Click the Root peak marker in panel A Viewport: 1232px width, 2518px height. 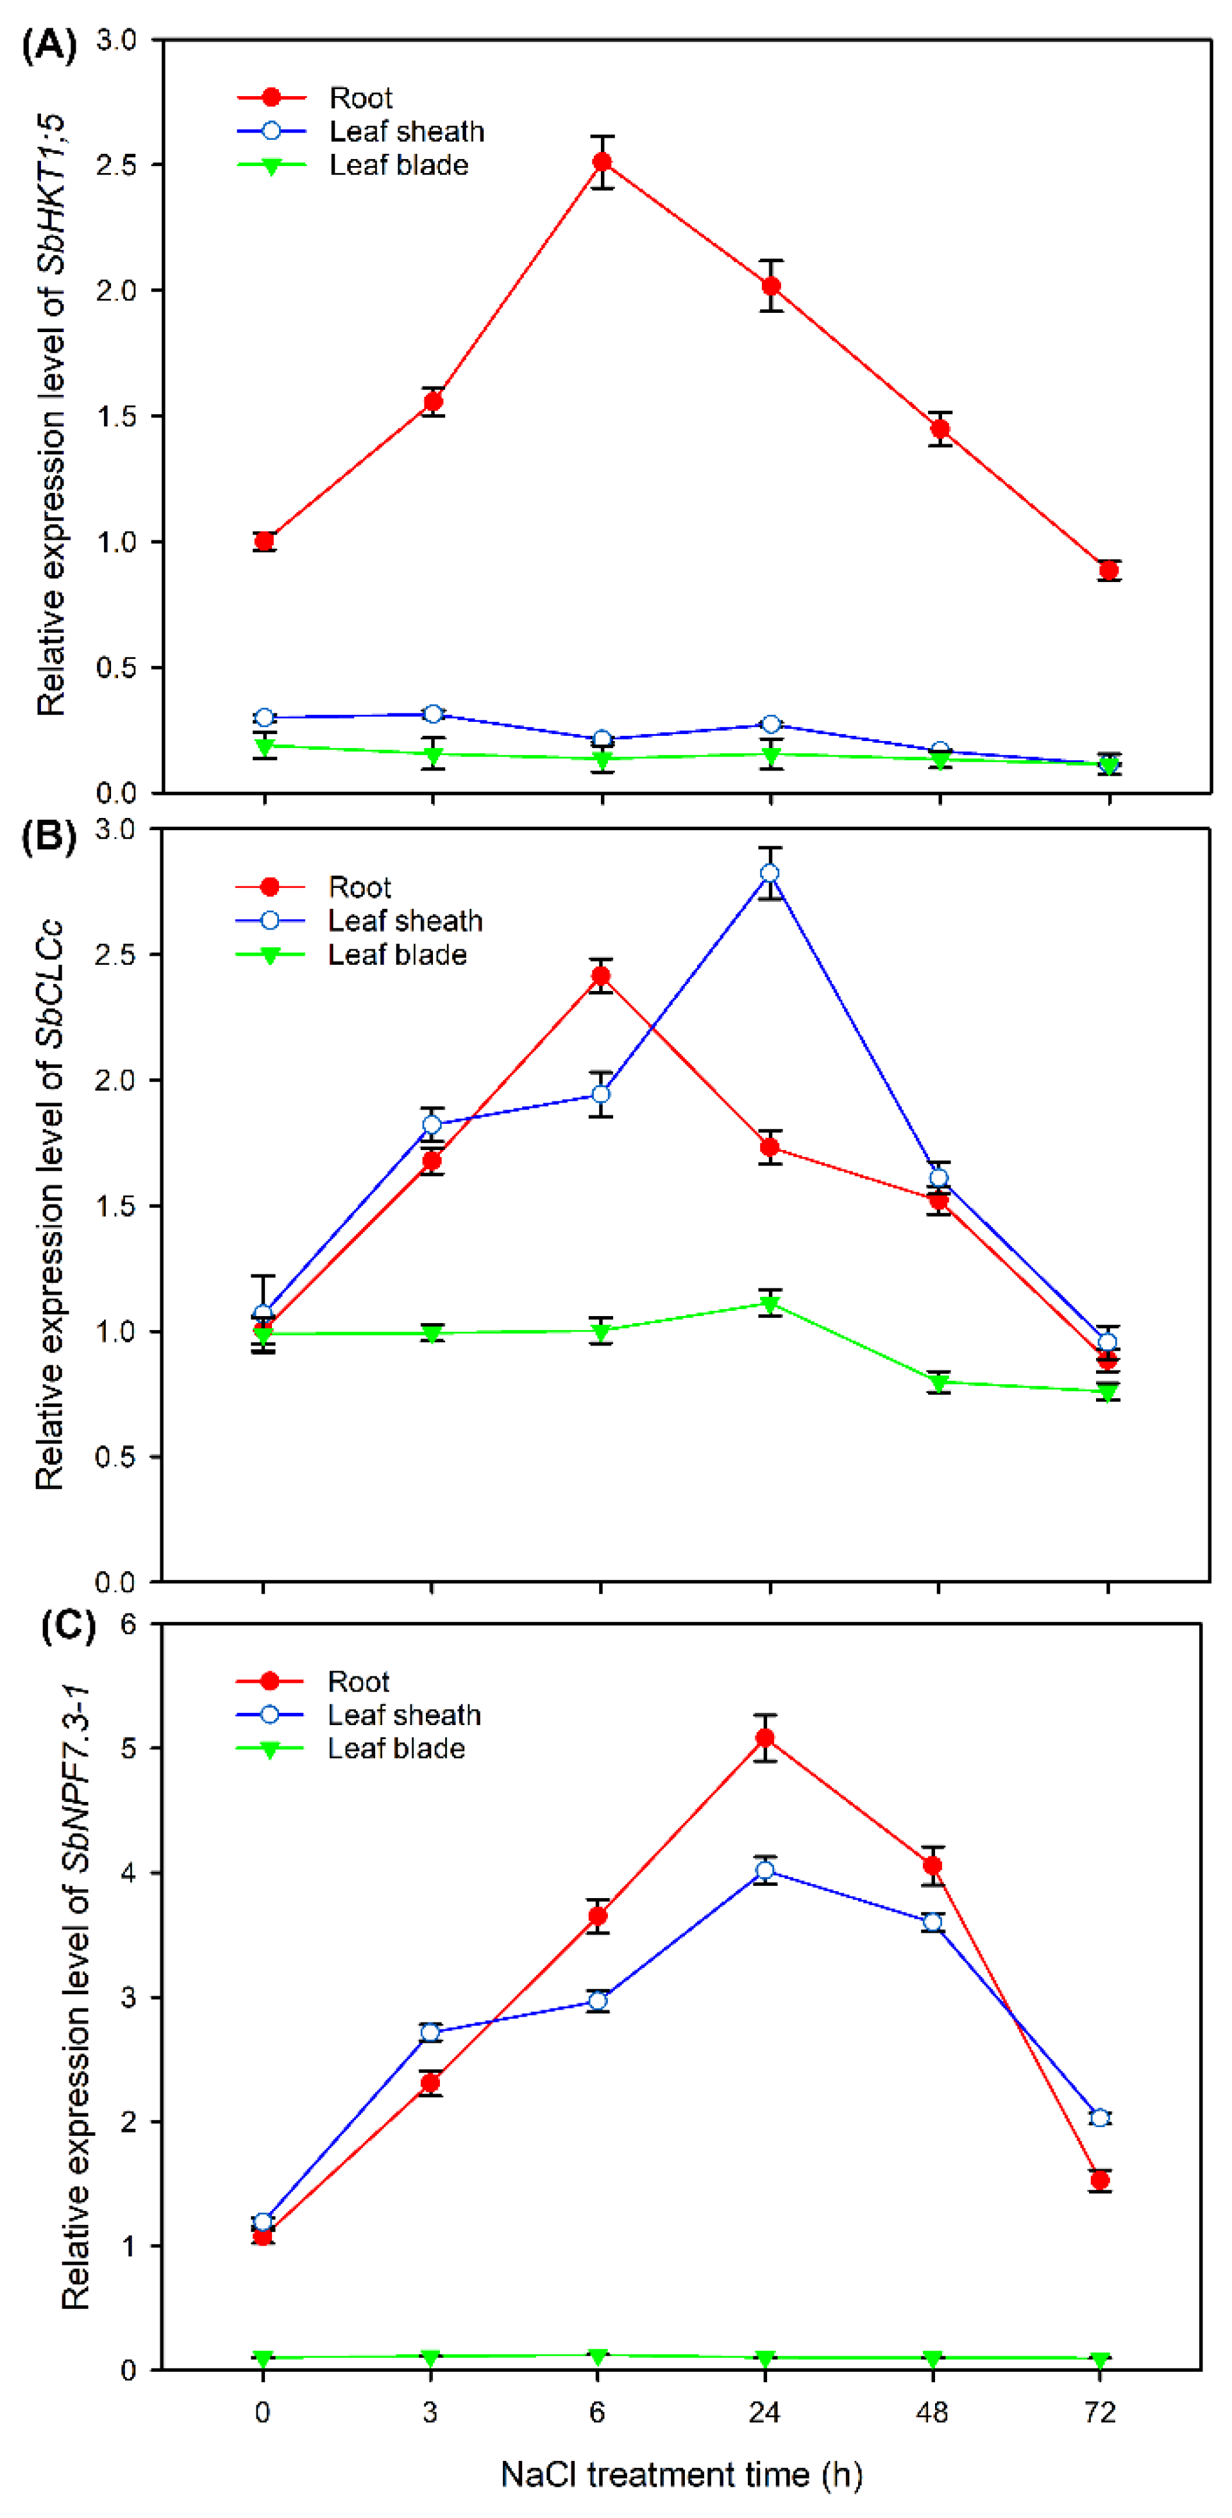click(602, 162)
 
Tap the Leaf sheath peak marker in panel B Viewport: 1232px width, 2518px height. click(770, 873)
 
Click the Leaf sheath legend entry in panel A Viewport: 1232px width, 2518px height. click(406, 131)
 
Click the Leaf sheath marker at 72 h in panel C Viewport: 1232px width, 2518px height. click(1100, 2117)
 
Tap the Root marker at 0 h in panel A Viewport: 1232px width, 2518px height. click(264, 540)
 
